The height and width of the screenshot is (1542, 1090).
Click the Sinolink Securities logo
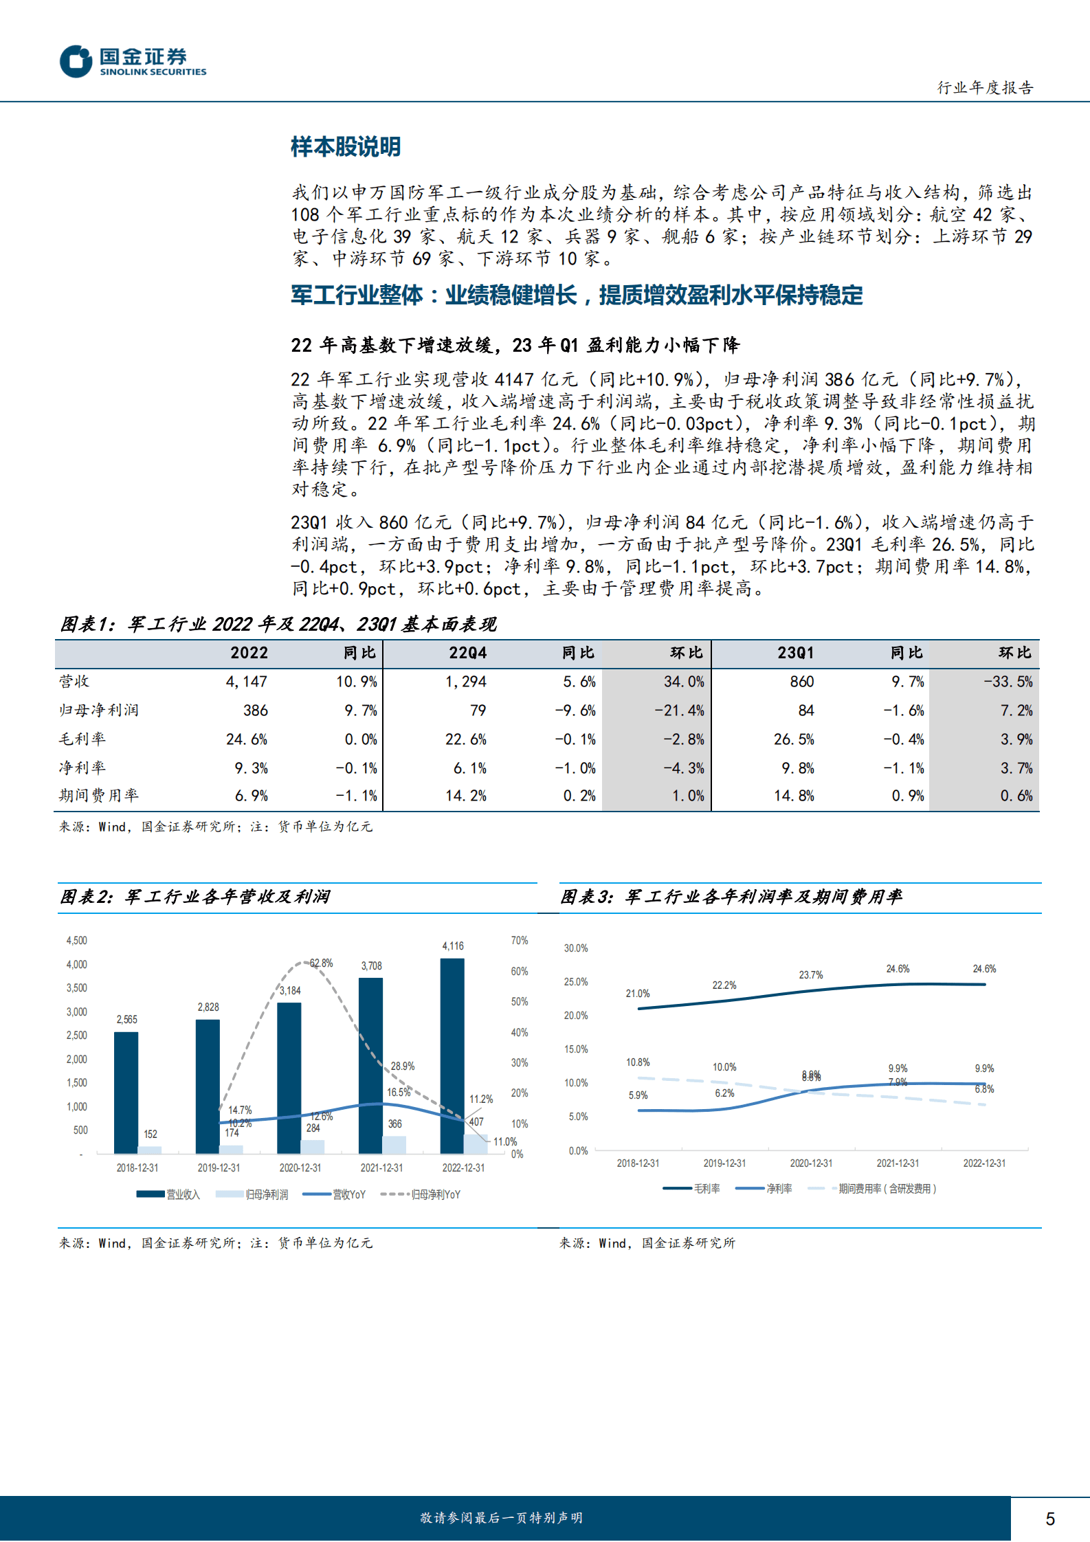tap(133, 62)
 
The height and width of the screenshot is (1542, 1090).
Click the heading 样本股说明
tap(345, 147)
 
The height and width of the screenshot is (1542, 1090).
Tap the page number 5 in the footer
tap(1049, 1519)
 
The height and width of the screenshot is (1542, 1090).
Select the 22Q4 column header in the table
tap(467, 653)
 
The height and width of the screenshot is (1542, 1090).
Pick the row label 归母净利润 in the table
tap(99, 711)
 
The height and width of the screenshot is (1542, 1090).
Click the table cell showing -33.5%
tap(1008, 682)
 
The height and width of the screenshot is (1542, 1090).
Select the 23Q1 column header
tap(795, 653)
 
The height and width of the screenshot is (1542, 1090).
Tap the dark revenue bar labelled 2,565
tap(126, 1093)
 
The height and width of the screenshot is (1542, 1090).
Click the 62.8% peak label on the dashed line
tap(321, 963)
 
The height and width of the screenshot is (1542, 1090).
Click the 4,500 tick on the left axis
tap(76, 941)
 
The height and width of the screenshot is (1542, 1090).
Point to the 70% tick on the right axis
tap(519, 941)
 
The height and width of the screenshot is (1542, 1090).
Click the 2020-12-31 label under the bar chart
tap(300, 1167)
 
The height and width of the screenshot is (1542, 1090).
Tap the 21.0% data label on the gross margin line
tap(637, 994)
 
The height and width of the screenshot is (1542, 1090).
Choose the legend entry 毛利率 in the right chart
tap(706, 1189)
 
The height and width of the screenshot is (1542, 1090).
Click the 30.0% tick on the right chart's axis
tap(576, 948)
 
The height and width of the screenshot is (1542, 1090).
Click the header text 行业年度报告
tap(985, 88)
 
